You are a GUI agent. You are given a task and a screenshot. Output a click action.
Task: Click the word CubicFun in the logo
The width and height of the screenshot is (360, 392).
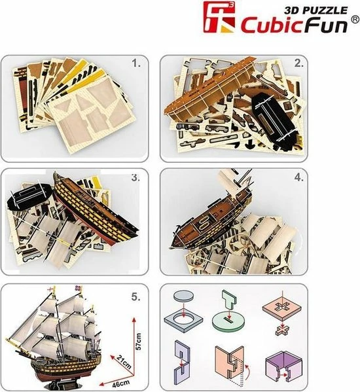[x=295, y=25]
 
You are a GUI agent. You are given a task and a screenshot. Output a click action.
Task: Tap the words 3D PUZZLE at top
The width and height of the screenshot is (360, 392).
[x=316, y=10]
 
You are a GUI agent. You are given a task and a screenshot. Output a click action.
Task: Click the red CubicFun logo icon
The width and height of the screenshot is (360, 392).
[x=219, y=17]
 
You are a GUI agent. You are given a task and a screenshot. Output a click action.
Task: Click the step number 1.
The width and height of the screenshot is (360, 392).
[x=136, y=63]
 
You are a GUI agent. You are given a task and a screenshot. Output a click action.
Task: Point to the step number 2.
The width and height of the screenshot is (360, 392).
[x=298, y=63]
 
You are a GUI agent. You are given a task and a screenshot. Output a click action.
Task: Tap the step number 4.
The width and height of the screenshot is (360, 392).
[x=298, y=177]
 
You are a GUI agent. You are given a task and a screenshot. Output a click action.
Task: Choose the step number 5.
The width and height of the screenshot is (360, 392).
[x=136, y=297]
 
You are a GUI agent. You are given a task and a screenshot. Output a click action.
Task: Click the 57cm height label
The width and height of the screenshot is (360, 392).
[x=139, y=341]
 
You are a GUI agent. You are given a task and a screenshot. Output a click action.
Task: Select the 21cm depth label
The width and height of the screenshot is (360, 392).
[x=123, y=361]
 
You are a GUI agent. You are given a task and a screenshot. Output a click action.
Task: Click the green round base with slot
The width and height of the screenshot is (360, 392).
[x=228, y=321]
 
